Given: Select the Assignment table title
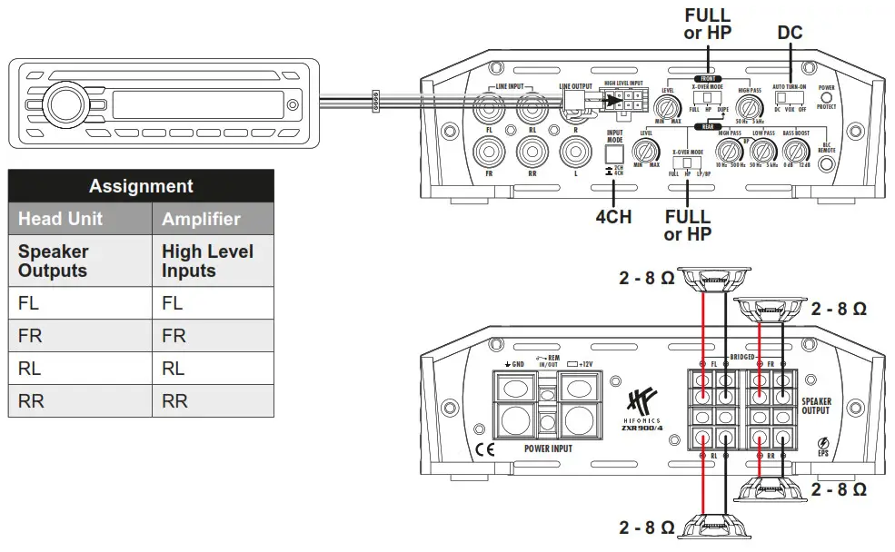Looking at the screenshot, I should (141, 186).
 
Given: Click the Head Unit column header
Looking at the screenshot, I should (61, 219).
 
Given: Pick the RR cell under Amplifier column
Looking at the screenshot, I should (174, 400).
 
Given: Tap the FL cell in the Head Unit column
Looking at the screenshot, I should (29, 303).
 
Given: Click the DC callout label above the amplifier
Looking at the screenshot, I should (790, 33).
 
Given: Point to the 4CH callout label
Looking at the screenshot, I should (613, 218).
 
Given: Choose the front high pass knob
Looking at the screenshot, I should (751, 106).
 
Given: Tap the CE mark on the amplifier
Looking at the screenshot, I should (487, 448).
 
